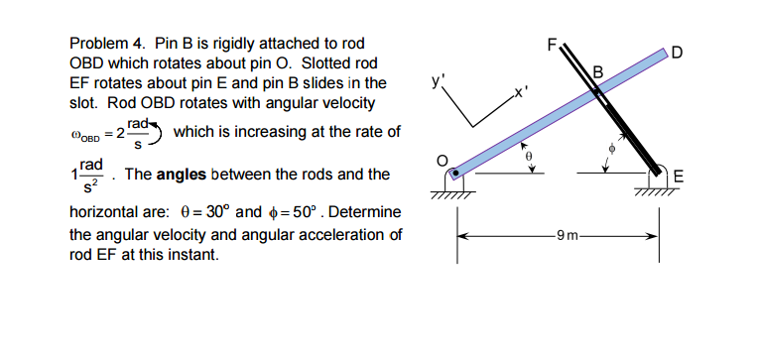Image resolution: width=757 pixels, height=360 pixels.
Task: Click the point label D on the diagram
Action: point(677,53)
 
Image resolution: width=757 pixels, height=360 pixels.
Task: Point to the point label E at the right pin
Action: point(680,179)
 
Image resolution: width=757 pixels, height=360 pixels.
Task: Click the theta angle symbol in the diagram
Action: point(529,155)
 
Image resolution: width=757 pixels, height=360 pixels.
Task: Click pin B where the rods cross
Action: point(595,94)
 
